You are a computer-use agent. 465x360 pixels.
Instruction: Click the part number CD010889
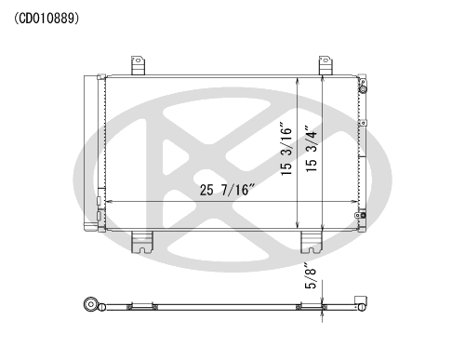click(46, 19)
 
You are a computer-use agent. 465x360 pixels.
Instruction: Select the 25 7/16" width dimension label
click(227, 190)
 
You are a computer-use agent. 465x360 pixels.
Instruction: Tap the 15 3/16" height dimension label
click(286, 149)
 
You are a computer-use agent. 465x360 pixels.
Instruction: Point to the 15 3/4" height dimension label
click(312, 149)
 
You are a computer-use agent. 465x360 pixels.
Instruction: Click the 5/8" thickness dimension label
click(311, 276)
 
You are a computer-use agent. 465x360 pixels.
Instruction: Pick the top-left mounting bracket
click(138, 65)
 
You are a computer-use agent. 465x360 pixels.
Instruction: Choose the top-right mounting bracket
click(325, 65)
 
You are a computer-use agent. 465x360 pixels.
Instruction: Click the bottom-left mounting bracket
click(142, 242)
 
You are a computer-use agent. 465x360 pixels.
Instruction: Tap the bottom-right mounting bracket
click(312, 242)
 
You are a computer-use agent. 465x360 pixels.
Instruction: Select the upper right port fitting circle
click(363, 89)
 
